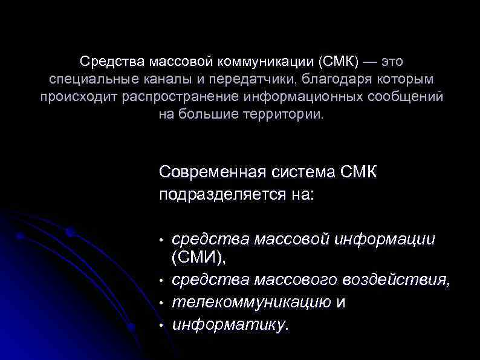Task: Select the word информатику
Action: point(230,324)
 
